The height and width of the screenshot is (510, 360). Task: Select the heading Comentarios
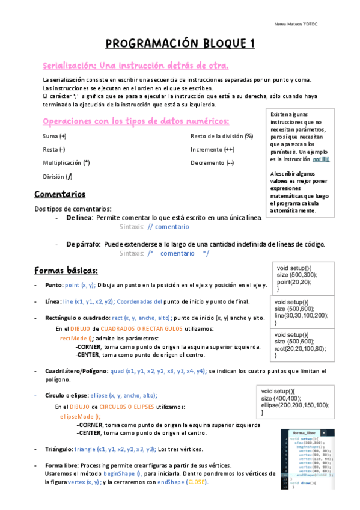tap(59, 194)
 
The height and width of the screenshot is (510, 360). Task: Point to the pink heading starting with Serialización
tap(135, 65)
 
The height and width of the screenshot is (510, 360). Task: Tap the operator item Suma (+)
tap(55, 136)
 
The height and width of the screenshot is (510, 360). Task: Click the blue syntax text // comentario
tap(168, 227)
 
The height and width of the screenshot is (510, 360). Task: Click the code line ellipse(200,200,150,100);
tap(296, 405)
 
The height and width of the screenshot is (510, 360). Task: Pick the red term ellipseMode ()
tap(81, 416)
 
